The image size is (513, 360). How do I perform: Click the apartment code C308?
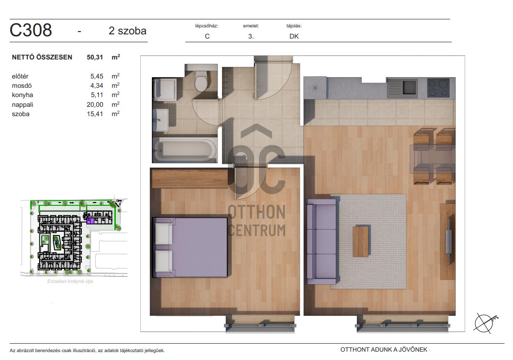[x=31, y=30]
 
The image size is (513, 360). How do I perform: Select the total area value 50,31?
[x=95, y=57]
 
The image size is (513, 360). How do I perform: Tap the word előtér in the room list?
[x=20, y=77]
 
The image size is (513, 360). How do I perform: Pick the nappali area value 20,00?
[x=95, y=105]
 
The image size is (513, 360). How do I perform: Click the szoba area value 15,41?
[x=95, y=114]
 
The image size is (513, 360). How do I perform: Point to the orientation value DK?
[x=294, y=36]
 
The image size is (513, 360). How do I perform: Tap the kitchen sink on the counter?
[x=402, y=88]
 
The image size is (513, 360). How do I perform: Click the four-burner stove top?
[x=438, y=87]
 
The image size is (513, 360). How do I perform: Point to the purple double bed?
[x=191, y=247]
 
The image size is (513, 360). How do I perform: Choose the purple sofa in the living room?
[x=321, y=241]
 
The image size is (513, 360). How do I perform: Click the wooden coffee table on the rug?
[x=361, y=242]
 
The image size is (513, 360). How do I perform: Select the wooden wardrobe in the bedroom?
[x=190, y=178]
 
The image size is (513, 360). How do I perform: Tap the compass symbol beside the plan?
[x=485, y=323]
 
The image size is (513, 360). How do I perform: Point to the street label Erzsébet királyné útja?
[x=70, y=281]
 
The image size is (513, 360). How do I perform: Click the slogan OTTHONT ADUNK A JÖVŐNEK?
[x=384, y=349]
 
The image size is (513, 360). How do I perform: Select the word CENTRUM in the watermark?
[x=257, y=230]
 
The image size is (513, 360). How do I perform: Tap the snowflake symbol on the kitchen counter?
[x=315, y=88]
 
